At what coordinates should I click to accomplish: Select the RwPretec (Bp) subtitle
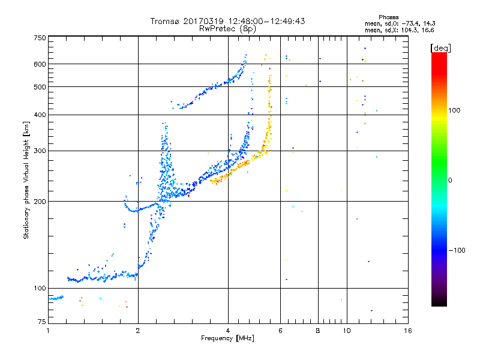(227, 28)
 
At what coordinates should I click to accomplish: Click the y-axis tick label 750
(40, 38)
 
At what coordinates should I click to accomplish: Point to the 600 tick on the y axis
(40, 64)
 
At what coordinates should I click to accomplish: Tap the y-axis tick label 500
(40, 87)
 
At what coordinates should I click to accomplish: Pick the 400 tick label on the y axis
(40, 115)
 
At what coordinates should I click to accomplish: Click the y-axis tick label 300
(40, 151)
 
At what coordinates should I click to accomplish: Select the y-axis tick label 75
(41, 323)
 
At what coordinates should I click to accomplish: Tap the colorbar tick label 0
(450, 180)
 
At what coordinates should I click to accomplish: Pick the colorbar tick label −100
(457, 250)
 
